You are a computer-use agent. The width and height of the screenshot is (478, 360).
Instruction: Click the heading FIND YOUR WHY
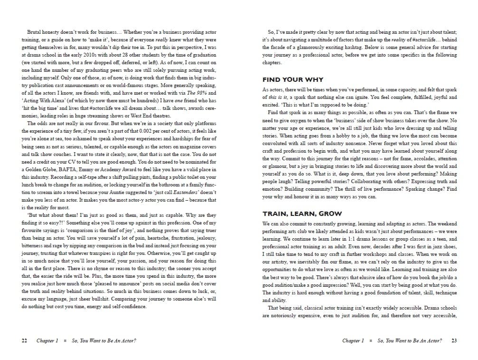pos(293,79)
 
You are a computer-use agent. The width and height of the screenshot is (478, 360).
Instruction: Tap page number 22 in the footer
pos(24,341)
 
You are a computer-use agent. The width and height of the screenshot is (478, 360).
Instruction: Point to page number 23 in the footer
pos(454,341)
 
